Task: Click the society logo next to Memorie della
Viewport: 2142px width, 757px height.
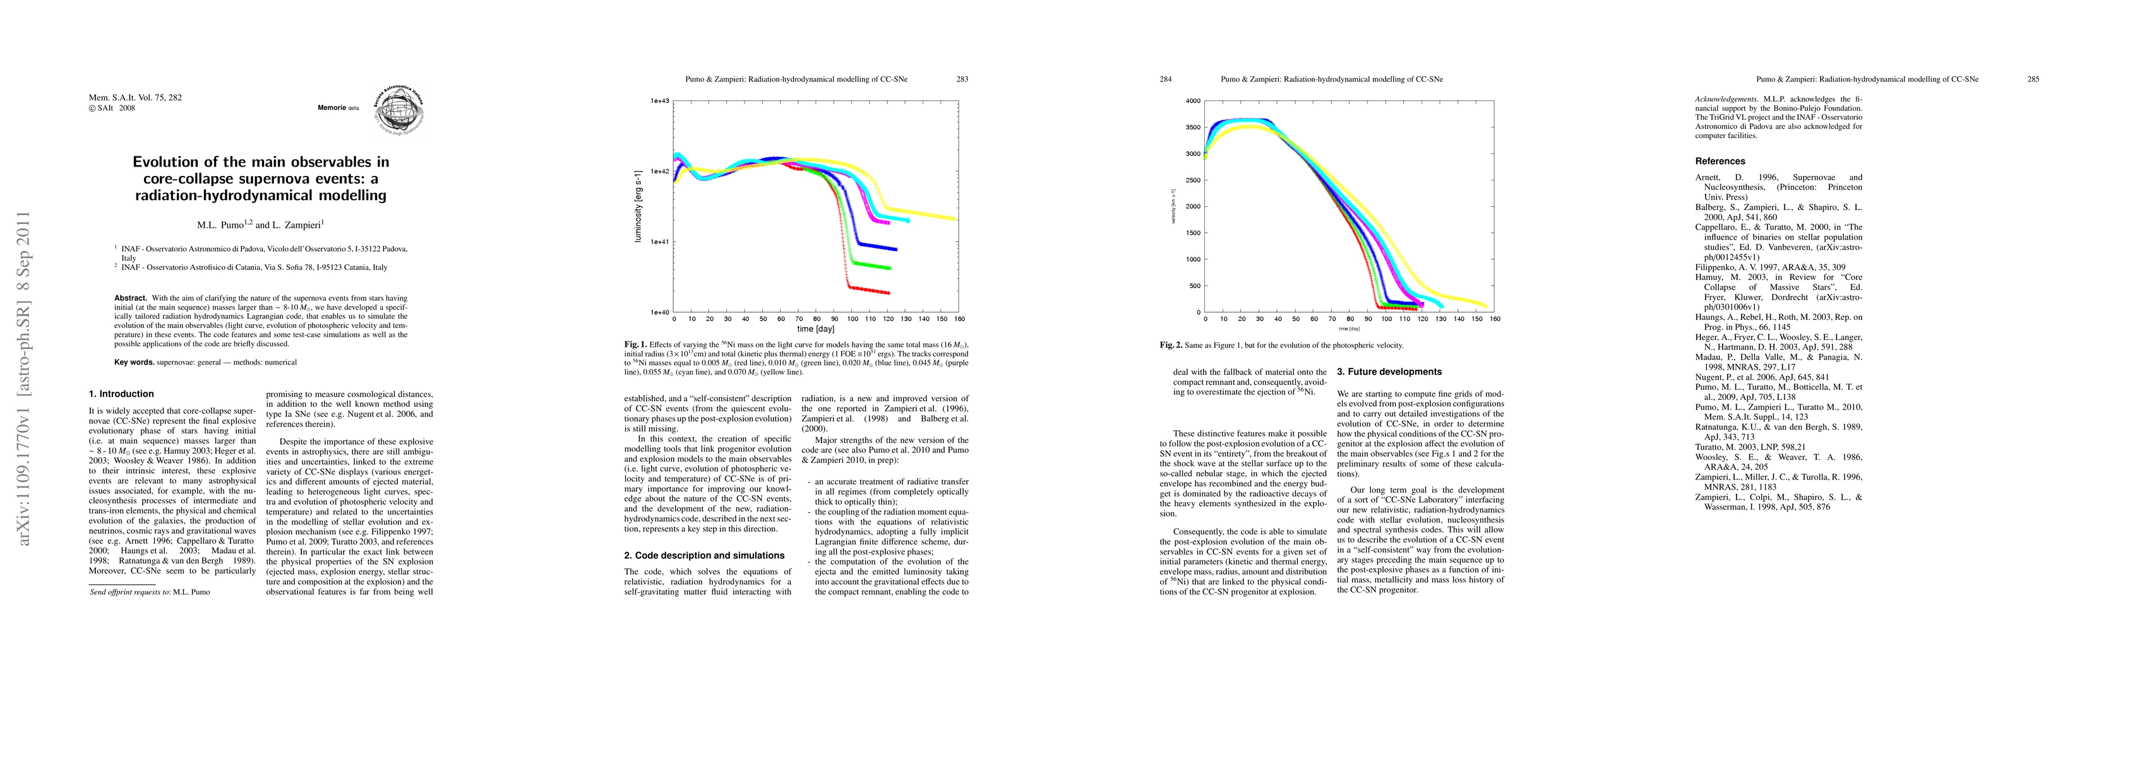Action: (x=398, y=110)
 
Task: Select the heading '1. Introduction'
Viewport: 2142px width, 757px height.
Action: (x=121, y=394)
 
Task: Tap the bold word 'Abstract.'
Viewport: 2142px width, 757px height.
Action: (x=131, y=298)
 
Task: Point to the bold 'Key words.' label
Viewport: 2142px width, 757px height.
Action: (x=134, y=362)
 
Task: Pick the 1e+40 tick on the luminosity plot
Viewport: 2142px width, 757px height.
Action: (x=659, y=312)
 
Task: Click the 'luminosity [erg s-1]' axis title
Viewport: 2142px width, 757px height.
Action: (x=638, y=207)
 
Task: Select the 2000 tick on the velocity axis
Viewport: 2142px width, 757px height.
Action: (x=1192, y=207)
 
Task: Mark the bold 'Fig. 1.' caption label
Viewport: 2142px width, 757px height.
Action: (x=635, y=344)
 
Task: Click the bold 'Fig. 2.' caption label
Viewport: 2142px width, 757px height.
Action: (x=1171, y=345)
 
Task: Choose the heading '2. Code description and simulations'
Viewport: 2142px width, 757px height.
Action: (x=704, y=555)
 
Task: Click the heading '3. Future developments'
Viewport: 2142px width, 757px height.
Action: (x=1389, y=372)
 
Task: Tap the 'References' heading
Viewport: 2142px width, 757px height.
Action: (x=1720, y=161)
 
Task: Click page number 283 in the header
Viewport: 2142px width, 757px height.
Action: (x=962, y=79)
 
